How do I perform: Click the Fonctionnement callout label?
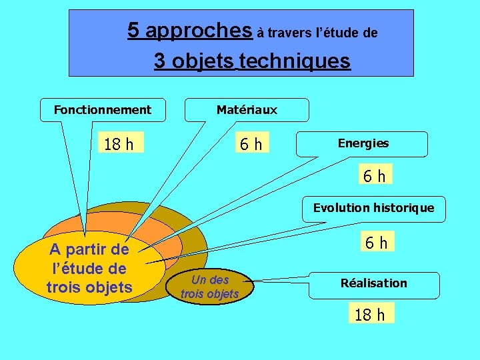102,109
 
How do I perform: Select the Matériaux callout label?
247,109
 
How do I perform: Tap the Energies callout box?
363,143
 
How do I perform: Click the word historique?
405,208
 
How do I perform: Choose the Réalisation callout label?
373,283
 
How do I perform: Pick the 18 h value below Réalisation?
370,314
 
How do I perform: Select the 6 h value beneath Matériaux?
251,143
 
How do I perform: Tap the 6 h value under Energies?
374,175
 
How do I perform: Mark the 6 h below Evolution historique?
375,242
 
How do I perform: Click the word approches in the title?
199,30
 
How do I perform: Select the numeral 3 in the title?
160,61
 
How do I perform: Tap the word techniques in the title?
295,61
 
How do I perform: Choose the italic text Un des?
209,280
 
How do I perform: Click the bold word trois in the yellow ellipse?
65,287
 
